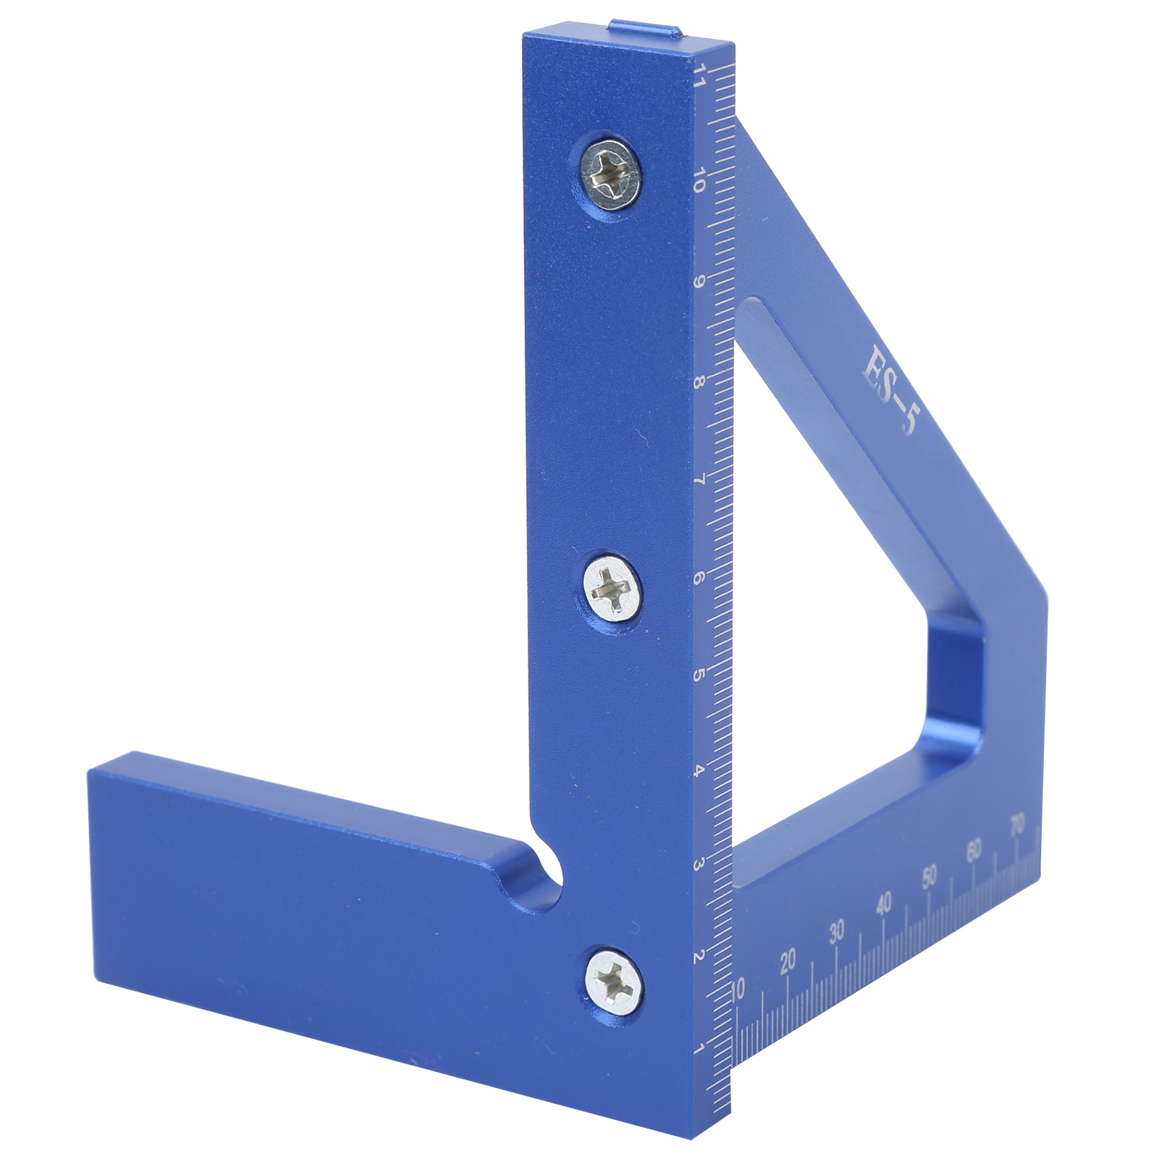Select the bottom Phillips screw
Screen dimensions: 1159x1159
pos(615,981)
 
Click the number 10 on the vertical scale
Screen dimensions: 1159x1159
pos(699,180)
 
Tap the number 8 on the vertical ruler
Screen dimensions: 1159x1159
pos(698,380)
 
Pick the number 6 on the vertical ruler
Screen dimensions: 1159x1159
pos(699,578)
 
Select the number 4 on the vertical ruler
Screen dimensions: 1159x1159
pos(699,770)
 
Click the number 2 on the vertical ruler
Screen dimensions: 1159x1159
pos(699,957)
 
